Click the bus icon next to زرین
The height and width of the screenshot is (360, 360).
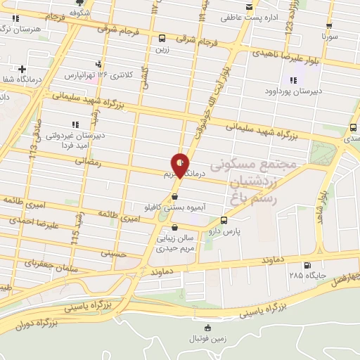coord(162,39)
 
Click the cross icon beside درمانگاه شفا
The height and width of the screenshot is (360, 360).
coord(22,69)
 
